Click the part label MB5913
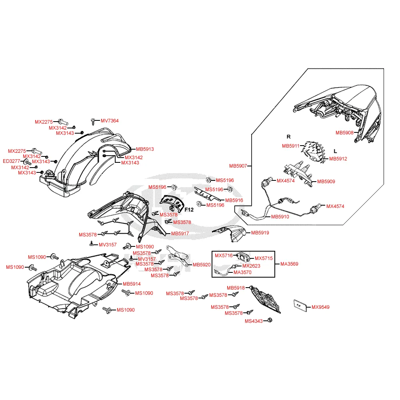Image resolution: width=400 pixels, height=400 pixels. (x=145, y=149)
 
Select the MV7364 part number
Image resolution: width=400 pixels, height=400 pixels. (x=110, y=121)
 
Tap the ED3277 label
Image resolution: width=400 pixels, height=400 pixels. (x=12, y=161)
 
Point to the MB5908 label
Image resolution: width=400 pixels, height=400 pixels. (x=344, y=133)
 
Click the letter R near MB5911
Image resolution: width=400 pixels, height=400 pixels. (x=288, y=137)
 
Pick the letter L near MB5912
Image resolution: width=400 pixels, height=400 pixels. (x=335, y=151)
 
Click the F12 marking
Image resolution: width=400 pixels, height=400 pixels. (x=189, y=210)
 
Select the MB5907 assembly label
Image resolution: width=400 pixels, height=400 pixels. (x=238, y=166)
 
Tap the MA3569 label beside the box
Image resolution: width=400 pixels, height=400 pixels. (x=289, y=264)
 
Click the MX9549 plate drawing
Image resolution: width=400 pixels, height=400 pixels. (x=300, y=306)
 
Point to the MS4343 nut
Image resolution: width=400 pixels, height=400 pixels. (x=270, y=320)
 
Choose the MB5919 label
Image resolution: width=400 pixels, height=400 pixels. (x=260, y=233)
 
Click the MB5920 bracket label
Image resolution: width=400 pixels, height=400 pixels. (x=202, y=265)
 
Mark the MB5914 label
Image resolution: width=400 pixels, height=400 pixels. (x=132, y=284)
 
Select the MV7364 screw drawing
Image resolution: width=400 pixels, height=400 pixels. (x=93, y=122)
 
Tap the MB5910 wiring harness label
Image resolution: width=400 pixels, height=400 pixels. (x=280, y=217)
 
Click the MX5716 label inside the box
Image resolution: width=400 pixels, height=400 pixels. (x=224, y=256)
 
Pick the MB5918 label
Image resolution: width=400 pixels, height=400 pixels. (x=236, y=288)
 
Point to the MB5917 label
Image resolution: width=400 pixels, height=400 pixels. (x=180, y=234)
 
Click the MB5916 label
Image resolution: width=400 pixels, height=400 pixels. (x=234, y=200)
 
